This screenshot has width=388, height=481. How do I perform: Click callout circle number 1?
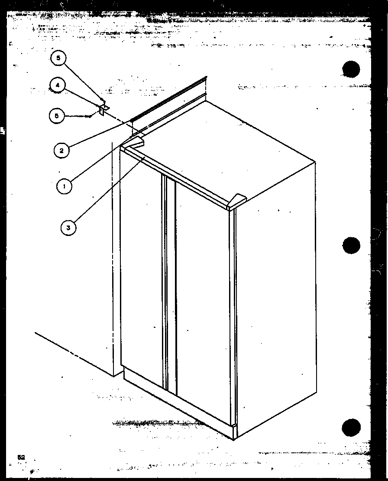64,186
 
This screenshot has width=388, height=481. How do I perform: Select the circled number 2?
61,150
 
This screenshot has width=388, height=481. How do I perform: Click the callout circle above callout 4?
58,59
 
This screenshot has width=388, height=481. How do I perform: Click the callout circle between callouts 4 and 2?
57,116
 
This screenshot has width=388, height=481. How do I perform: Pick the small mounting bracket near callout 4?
103,108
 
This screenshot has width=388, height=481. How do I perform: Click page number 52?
21,457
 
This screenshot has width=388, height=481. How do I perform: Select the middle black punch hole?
351,245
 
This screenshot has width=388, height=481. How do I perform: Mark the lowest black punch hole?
351,428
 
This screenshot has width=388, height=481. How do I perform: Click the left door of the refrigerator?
141,269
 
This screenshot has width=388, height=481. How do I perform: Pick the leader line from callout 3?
108,191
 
